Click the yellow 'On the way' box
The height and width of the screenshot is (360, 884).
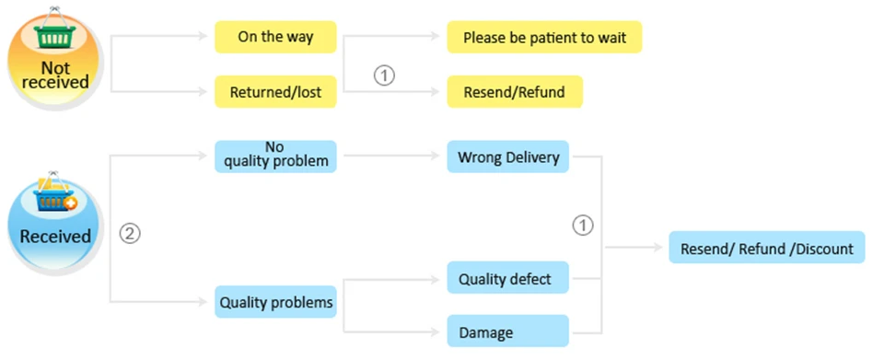275,37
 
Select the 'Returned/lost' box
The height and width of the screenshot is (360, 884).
275,92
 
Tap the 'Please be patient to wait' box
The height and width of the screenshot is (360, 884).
544,37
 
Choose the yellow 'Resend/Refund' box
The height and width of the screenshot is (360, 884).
515,92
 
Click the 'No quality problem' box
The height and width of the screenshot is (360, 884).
275,156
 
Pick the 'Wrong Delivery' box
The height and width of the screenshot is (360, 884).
508,156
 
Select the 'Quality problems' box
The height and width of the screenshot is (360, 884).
275,301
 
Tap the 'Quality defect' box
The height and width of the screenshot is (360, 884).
508,278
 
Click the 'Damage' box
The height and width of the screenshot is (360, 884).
508,331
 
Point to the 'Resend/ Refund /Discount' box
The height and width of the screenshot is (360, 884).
767,248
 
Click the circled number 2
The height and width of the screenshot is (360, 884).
130,233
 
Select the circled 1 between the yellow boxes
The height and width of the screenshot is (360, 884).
384,75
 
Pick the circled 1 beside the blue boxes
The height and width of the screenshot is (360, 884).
583,226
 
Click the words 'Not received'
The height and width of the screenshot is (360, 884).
55,75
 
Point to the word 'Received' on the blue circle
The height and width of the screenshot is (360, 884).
54,236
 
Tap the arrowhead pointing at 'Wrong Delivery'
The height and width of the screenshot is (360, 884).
436,155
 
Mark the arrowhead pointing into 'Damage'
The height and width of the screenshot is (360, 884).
436,331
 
